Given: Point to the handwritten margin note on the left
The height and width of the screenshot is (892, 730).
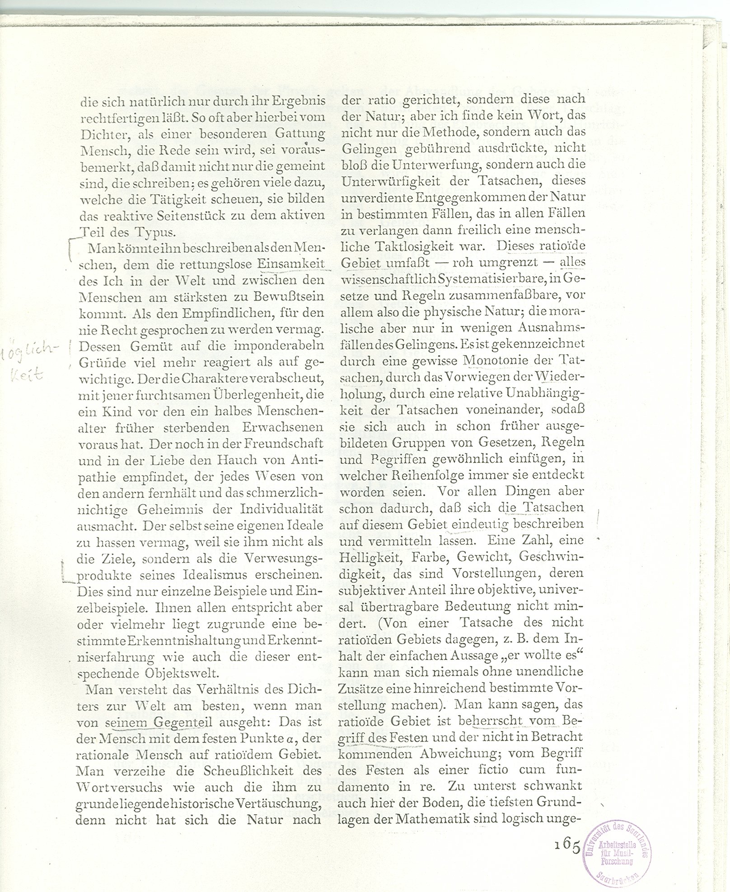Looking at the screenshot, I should pyautogui.click(x=27, y=362).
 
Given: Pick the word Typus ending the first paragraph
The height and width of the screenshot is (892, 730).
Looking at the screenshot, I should pyautogui.click(x=154, y=232).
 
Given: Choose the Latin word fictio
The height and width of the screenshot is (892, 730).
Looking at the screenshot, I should pyautogui.click(x=492, y=769).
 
